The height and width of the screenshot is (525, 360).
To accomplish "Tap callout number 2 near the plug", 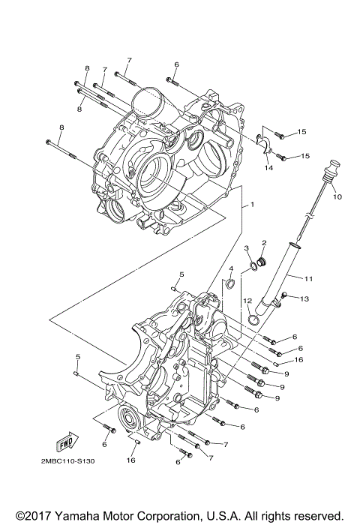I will [x=264, y=243].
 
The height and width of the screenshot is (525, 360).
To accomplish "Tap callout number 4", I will [x=231, y=268].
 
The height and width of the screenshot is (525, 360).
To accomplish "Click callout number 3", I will [x=246, y=248].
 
